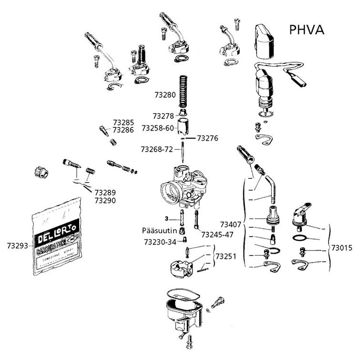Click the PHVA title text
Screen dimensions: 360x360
(x=307, y=30)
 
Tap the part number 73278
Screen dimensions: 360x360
(x=163, y=116)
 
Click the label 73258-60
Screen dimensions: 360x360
(x=158, y=128)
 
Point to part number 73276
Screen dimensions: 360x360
(x=207, y=138)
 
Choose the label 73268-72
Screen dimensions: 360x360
(x=157, y=149)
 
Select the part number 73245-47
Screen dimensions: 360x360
(x=217, y=235)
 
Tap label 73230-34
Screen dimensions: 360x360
(x=160, y=242)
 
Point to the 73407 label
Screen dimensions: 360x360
(x=231, y=224)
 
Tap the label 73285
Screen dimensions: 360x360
(x=123, y=122)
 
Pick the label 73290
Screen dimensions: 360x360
(x=105, y=201)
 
